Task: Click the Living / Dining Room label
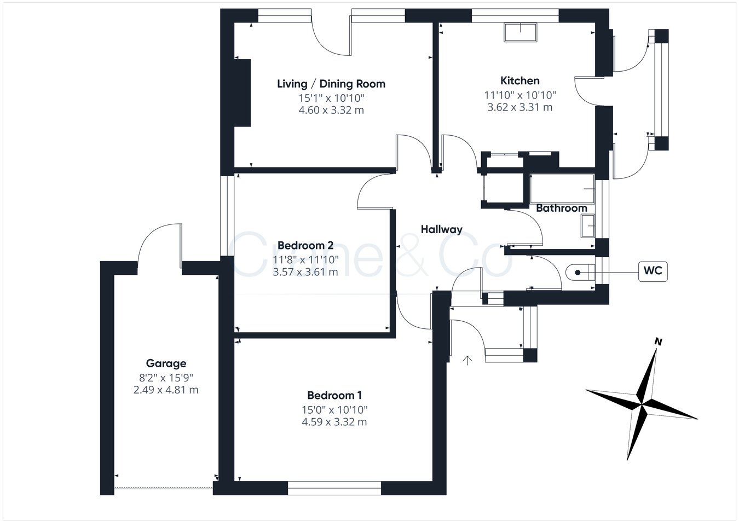pos(331,84)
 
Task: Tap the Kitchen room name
pos(520,80)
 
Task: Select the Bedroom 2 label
pos(305,245)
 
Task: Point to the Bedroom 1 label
pos(334,395)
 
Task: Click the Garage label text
pos(166,363)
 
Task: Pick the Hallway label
pos(441,229)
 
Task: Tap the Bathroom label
pos(562,208)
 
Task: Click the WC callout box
pos(653,271)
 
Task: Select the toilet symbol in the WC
pos(580,273)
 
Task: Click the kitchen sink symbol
pos(520,32)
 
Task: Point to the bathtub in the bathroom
pos(562,189)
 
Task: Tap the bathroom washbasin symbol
pos(588,226)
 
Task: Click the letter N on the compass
pos(658,342)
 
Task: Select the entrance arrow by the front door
pos(467,361)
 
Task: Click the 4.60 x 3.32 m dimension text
pos(331,110)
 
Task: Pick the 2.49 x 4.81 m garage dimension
pos(166,390)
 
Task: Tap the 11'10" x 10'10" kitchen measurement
pos(520,95)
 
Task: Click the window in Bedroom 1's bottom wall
pos(334,488)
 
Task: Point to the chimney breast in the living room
pos(242,92)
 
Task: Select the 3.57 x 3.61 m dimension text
pos(305,272)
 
